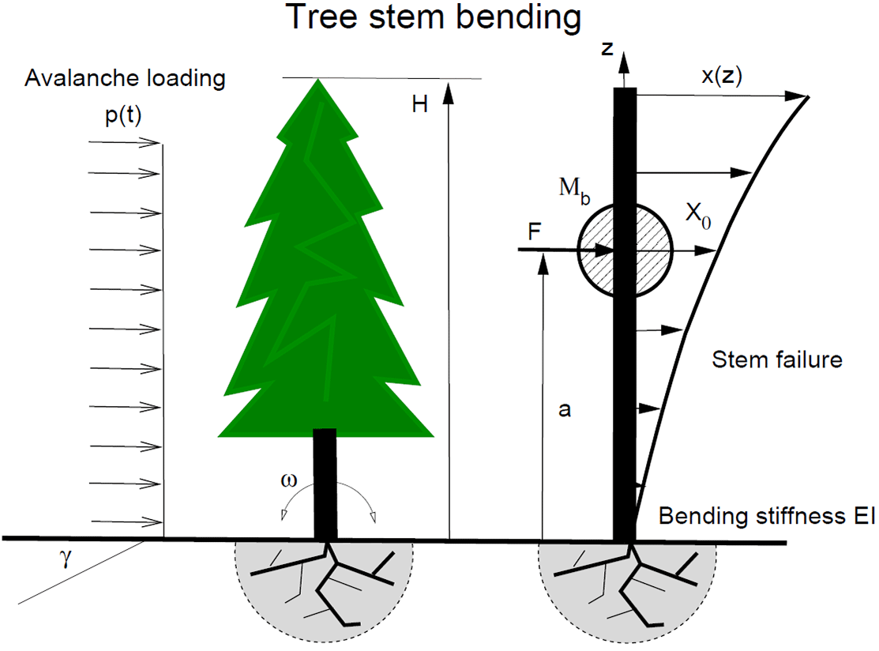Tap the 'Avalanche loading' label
[126, 79]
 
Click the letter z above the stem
[607, 49]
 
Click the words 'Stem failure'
[777, 360]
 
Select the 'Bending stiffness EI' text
[766, 517]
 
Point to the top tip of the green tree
[318, 81]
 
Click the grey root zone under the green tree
[261, 585]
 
